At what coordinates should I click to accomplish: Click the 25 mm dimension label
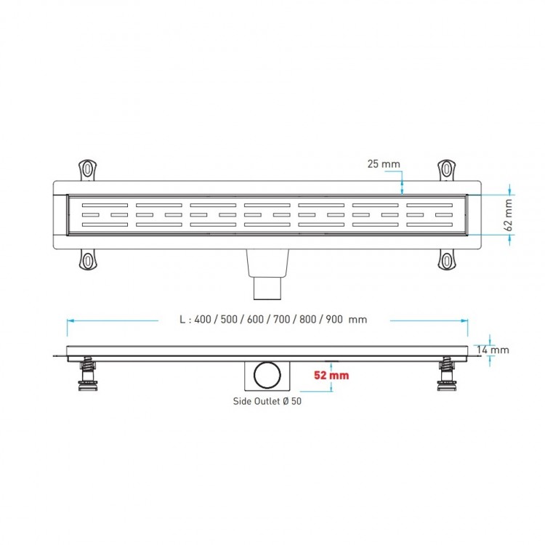(x=384, y=164)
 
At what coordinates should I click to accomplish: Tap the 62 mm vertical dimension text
(x=509, y=215)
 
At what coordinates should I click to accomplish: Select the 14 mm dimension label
(x=493, y=350)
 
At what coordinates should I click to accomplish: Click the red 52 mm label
(x=331, y=376)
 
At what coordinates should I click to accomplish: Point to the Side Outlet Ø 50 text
(x=267, y=400)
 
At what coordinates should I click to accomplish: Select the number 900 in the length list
(x=335, y=320)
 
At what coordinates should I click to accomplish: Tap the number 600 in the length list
(x=250, y=320)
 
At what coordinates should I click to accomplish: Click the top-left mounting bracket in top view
(x=88, y=169)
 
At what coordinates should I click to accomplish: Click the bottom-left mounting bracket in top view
(x=88, y=259)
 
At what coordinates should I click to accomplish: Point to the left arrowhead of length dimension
(x=69, y=320)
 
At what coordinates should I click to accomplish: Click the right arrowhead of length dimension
(x=466, y=320)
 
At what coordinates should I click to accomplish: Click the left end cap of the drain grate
(x=61, y=215)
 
